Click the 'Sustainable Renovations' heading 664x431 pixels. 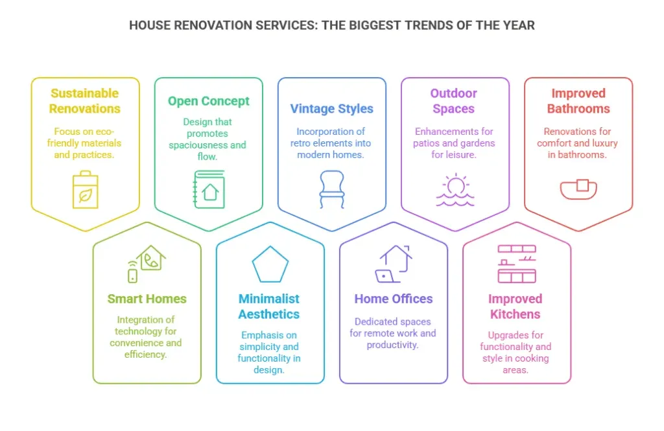(85, 100)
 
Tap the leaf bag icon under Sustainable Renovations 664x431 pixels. (85, 189)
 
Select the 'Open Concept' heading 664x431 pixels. (208, 101)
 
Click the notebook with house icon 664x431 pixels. (209, 189)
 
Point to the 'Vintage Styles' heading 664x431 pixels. (331, 109)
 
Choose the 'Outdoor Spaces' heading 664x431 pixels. (453, 100)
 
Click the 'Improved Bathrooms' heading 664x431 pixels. (578, 100)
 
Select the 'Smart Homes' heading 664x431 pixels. (147, 299)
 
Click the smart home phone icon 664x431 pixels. (147, 264)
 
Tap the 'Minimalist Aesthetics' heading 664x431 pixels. (269, 307)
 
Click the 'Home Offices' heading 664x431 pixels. (394, 299)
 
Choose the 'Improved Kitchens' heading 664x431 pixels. (516, 307)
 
